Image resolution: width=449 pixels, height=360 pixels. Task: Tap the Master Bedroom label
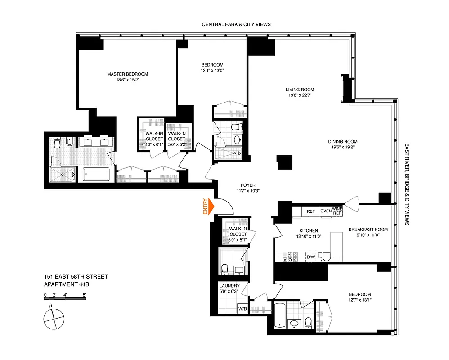127,74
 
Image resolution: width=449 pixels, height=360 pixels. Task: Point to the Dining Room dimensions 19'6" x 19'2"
347,147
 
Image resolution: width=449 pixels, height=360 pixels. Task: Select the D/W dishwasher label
311,257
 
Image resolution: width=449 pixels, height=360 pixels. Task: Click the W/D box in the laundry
242,308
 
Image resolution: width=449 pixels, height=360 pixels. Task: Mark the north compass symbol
54,319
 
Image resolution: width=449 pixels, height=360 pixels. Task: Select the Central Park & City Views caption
236,24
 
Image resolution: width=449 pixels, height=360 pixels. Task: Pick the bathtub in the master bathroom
96,175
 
